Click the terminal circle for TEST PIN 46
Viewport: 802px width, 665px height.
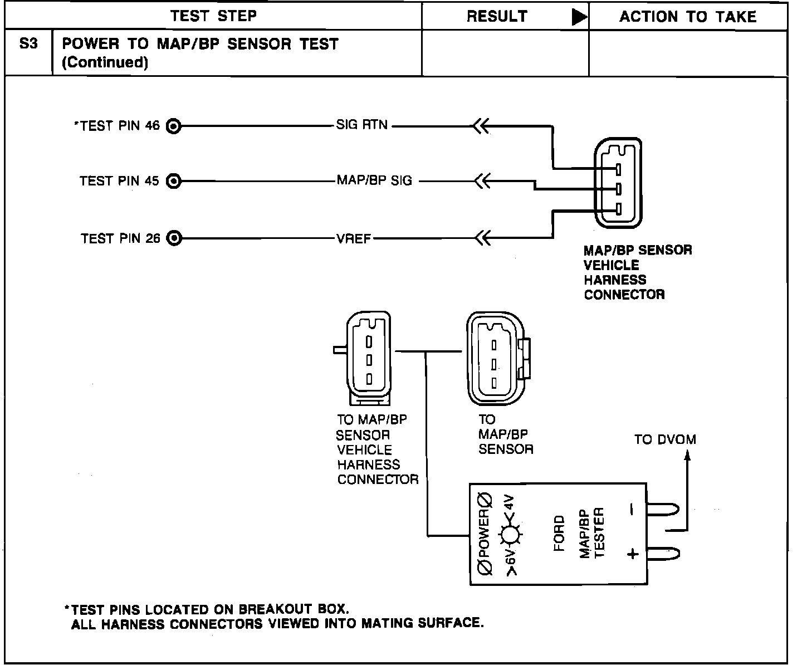click(x=174, y=126)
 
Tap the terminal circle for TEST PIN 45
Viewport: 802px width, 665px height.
click(x=174, y=181)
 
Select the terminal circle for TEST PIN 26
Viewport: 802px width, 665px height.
click(x=174, y=239)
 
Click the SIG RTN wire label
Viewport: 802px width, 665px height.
click(x=361, y=125)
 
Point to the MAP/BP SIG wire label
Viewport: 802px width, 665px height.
click(x=374, y=181)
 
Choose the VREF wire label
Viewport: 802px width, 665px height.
click(x=353, y=239)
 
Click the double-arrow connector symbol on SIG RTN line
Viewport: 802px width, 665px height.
click(x=481, y=126)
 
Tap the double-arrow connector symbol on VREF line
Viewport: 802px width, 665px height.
click(x=482, y=239)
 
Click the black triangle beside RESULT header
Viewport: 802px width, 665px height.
click(x=579, y=18)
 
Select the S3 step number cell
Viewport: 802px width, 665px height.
click(x=28, y=44)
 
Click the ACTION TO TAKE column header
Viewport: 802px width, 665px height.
click(x=688, y=17)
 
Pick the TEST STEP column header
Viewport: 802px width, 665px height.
click(x=213, y=16)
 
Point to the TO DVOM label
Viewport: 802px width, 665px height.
click(x=665, y=439)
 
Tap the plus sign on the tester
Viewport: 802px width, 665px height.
click(x=632, y=554)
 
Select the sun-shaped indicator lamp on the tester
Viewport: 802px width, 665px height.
click(x=510, y=535)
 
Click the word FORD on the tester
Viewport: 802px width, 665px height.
click(x=559, y=533)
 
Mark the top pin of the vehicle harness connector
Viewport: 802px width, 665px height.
click(x=618, y=169)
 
